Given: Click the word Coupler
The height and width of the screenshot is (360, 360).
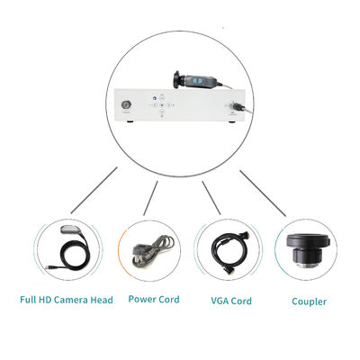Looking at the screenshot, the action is pyautogui.click(x=309, y=301).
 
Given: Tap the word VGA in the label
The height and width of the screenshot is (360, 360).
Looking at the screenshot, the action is pyautogui.click(x=220, y=301).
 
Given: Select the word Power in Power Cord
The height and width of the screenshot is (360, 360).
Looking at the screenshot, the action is pyautogui.click(x=141, y=299).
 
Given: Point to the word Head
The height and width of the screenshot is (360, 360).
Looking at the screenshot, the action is pyautogui.click(x=102, y=300).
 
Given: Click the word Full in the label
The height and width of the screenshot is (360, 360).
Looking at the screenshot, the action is pyautogui.click(x=28, y=300).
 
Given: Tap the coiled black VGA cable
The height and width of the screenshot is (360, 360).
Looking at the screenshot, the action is pyautogui.click(x=229, y=252).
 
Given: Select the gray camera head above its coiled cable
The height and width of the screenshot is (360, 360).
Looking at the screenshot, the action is pyautogui.click(x=70, y=230).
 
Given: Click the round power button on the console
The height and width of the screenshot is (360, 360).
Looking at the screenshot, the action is pyautogui.click(x=125, y=105).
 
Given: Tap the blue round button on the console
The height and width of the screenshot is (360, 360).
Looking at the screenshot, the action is pyautogui.click(x=155, y=98).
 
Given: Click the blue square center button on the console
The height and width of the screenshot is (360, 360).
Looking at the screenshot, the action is pyautogui.click(x=162, y=105).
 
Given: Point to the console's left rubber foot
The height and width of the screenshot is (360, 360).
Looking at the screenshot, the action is pyautogui.click(x=130, y=121).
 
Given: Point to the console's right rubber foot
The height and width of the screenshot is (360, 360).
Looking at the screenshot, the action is pyautogui.click(x=232, y=121).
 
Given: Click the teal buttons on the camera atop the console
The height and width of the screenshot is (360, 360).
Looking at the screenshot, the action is pyautogui.click(x=198, y=81).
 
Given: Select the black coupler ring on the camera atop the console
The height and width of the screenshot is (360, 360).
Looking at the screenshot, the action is pyautogui.click(x=177, y=80).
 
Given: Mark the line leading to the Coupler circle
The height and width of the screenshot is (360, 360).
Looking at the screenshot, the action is pyautogui.click(x=263, y=193).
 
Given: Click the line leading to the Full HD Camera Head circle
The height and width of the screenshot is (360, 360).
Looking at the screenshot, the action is pyautogui.click(x=94, y=191).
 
